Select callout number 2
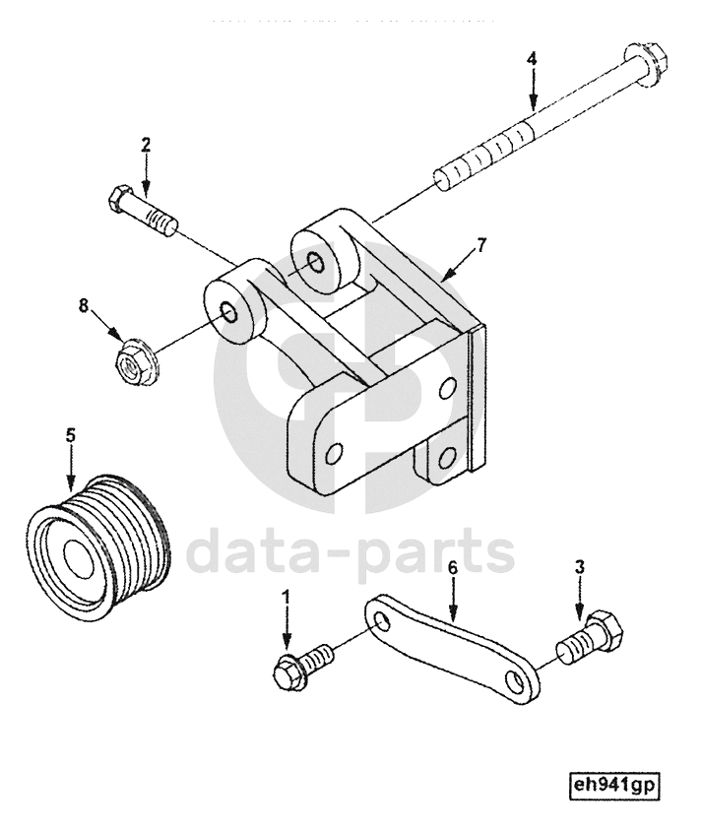[x=146, y=145]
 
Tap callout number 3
[x=580, y=567]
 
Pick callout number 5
[x=70, y=433]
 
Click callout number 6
[x=452, y=568]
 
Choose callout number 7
[x=480, y=245]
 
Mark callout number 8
[x=85, y=306]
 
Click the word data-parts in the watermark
[x=350, y=553]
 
